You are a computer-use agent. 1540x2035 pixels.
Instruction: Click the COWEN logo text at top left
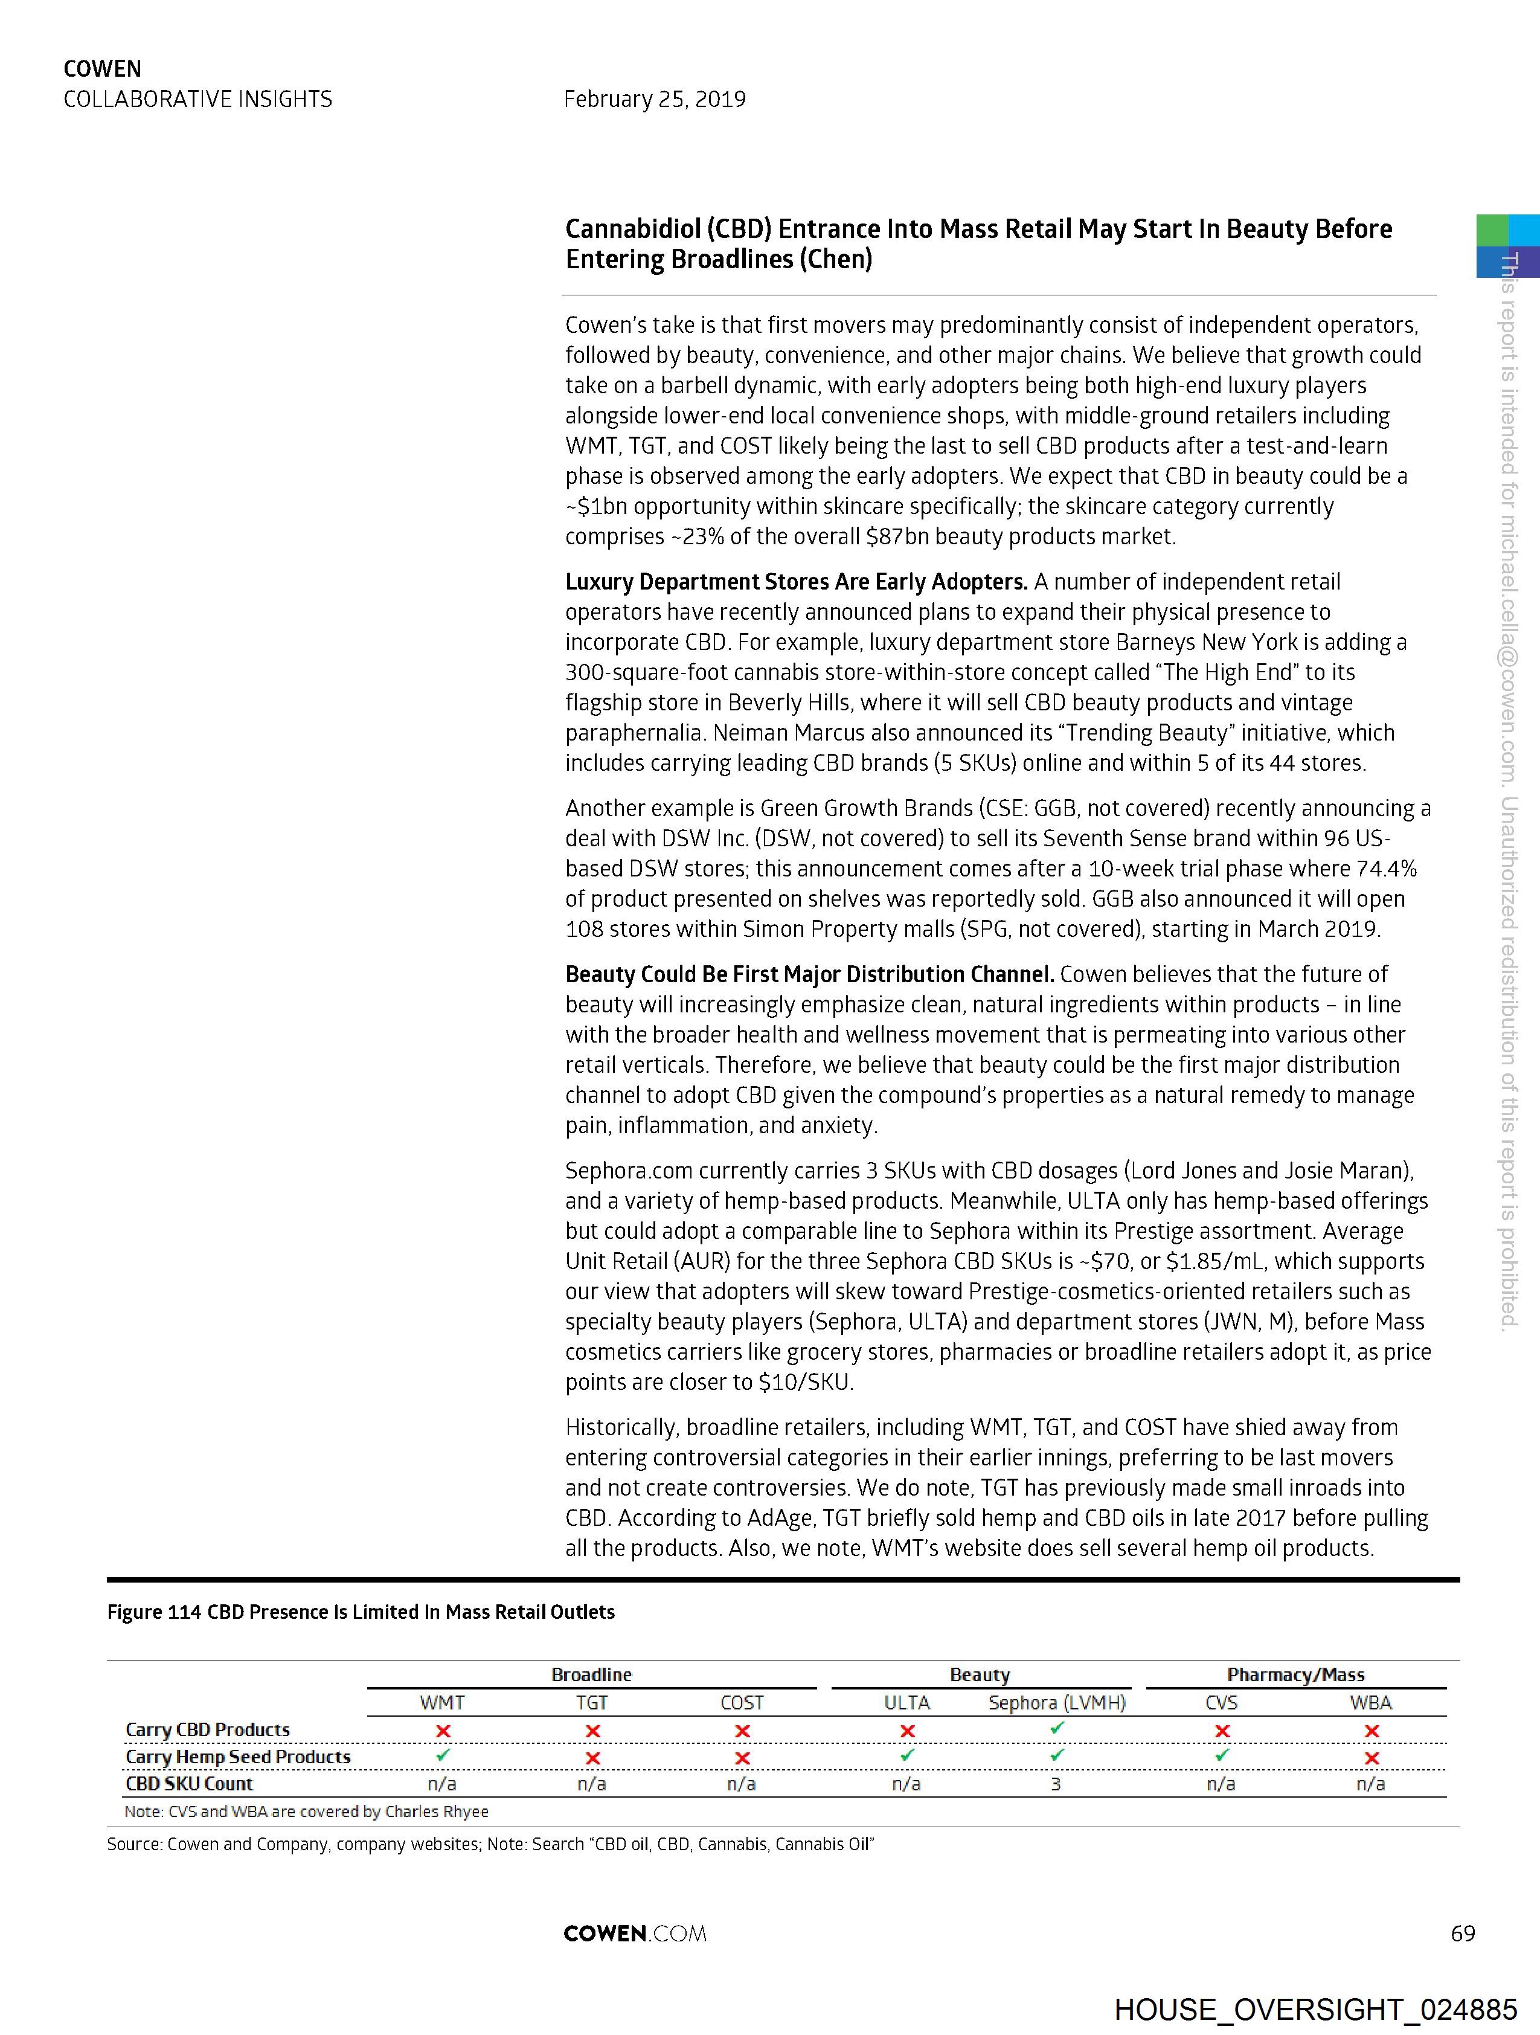(x=102, y=69)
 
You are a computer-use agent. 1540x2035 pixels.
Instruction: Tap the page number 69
(x=1462, y=1933)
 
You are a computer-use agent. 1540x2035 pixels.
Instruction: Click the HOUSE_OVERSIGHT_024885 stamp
(x=1315, y=2009)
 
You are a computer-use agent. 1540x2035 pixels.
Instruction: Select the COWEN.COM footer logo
(x=635, y=1933)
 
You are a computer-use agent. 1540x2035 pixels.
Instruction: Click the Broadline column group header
(x=591, y=1674)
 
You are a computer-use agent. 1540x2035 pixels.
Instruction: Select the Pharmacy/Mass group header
(x=1295, y=1674)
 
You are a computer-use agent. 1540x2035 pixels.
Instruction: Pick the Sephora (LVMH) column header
(x=1057, y=1703)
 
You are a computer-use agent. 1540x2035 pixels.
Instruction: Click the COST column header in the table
(x=742, y=1703)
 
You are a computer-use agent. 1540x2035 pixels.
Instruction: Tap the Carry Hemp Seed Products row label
(x=239, y=1757)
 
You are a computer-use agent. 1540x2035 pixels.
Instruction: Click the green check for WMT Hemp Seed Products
(x=443, y=1755)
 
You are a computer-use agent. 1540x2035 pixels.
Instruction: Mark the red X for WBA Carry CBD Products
(x=1372, y=1731)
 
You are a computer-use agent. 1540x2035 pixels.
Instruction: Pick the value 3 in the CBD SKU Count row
(x=1056, y=1784)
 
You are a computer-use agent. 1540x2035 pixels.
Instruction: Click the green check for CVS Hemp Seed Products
(x=1222, y=1755)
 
